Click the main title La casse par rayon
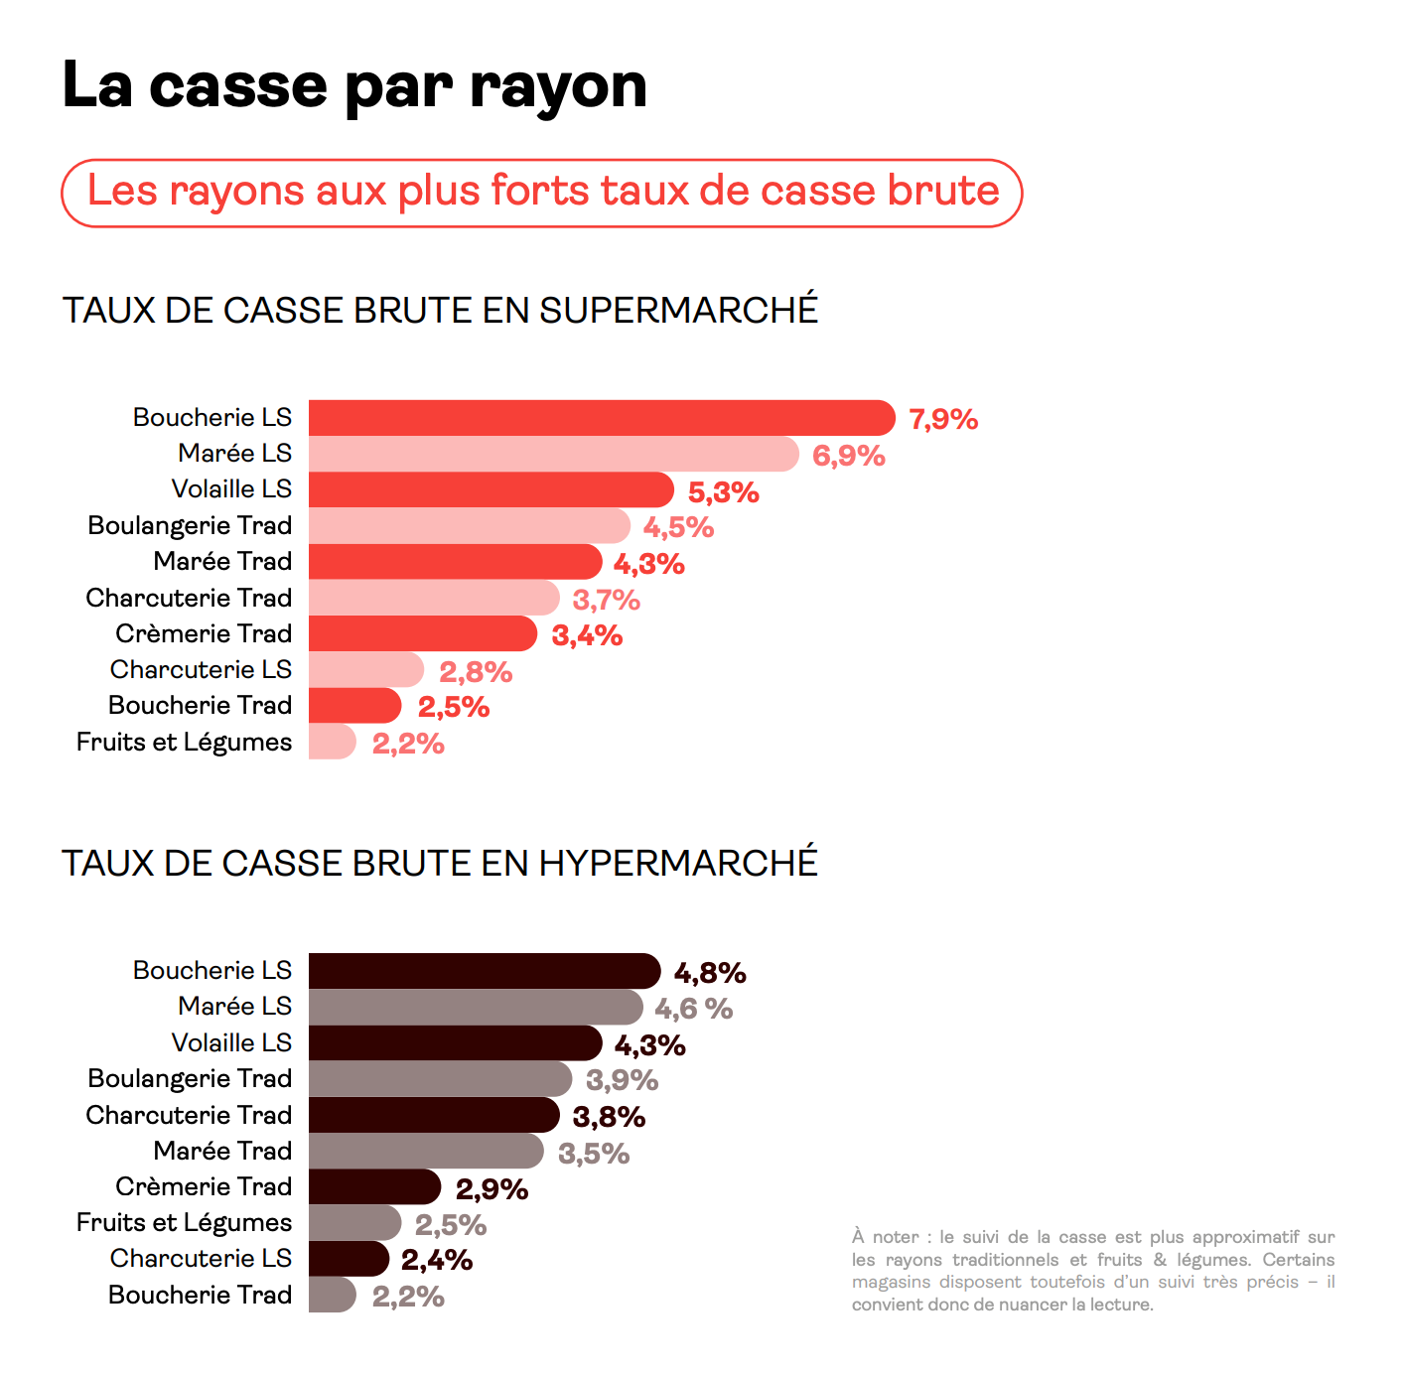pyautogui.click(x=353, y=86)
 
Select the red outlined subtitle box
pyautogui.click(x=541, y=193)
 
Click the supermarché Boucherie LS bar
pyautogui.click(x=601, y=418)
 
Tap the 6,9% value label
pyautogui.click(x=848, y=456)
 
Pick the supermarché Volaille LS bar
pyautogui.click(x=491, y=490)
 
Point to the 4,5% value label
pyautogui.click(x=678, y=527)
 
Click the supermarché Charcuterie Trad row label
pyautogui.click(x=189, y=598)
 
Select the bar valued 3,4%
pyautogui.click(x=422, y=634)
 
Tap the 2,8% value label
pyautogui.click(x=476, y=672)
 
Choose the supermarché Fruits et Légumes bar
pyautogui.click(x=332, y=742)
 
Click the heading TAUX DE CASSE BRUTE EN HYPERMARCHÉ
pyautogui.click(x=439, y=864)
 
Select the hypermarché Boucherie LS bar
pyautogui.click(x=484, y=971)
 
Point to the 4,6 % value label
pyautogui.click(x=693, y=1009)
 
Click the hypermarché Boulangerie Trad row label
pyautogui.click(x=190, y=1078)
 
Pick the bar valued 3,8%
pyautogui.click(x=433, y=1115)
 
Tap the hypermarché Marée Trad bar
pyautogui.click(x=425, y=1152)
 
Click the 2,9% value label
pyautogui.click(x=491, y=1188)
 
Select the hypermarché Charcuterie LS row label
pyautogui.click(x=201, y=1258)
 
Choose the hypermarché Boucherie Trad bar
pyautogui.click(x=332, y=1295)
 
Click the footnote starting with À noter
pyautogui.click(x=1092, y=1270)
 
